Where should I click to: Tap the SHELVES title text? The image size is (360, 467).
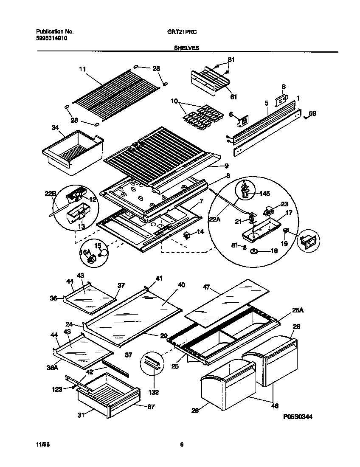tap(187, 48)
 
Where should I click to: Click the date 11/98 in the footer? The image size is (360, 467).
tap(43, 444)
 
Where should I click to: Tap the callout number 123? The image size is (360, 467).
tap(57, 388)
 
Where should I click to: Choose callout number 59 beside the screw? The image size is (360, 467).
tap(312, 113)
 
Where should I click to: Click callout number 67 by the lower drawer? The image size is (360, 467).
tap(151, 407)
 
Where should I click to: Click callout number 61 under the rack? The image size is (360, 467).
tap(233, 97)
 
